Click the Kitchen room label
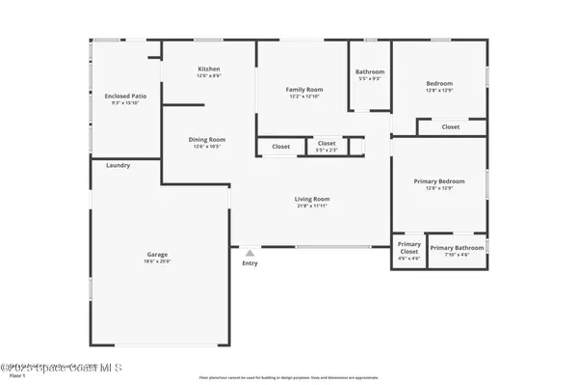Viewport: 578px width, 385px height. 209,69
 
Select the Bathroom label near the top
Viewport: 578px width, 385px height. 370,71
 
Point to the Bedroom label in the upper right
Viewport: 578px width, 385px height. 439,84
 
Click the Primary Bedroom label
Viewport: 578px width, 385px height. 439,181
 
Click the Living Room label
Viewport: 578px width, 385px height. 312,200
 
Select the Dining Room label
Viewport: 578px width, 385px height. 206,139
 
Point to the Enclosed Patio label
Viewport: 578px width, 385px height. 125,96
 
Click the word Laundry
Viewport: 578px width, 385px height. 118,165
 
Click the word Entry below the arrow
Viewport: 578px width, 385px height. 250,263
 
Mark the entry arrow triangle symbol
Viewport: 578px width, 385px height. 250,253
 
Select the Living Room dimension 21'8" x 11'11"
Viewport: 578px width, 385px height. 312,206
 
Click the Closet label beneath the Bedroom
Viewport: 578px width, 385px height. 451,126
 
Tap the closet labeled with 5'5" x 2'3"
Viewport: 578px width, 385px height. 327,147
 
